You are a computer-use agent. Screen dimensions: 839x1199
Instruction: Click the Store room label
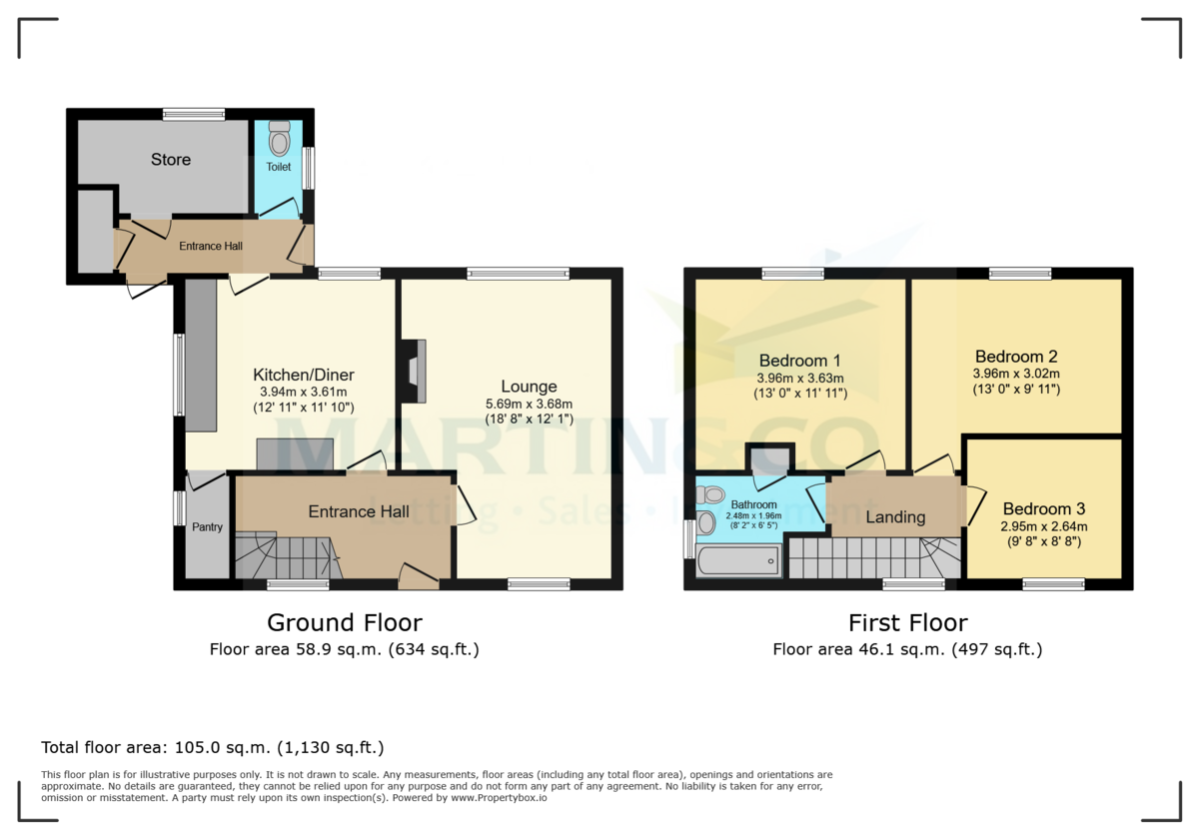click(x=171, y=160)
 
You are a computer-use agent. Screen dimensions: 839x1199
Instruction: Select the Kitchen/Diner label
click(x=303, y=376)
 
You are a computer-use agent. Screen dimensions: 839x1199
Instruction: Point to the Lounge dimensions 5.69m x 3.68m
click(x=530, y=404)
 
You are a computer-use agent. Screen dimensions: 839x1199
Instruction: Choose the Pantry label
click(x=207, y=527)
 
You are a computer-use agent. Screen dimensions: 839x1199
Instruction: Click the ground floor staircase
click(x=286, y=555)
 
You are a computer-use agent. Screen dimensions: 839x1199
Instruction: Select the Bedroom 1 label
click(x=799, y=361)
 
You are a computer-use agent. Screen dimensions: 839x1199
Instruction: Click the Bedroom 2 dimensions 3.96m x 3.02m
click(x=1016, y=374)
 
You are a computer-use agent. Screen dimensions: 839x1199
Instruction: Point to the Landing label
click(x=895, y=517)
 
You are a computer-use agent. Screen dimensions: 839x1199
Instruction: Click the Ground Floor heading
click(x=344, y=623)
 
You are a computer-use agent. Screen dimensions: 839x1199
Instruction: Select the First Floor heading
click(x=907, y=623)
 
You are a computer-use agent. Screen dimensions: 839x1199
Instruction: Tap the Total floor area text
click(x=212, y=747)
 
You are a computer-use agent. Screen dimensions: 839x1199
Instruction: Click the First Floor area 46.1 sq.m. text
click(x=907, y=650)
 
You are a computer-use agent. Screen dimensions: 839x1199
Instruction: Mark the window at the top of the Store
click(x=194, y=114)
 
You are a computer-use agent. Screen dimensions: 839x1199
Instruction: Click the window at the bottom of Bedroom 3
click(x=1053, y=584)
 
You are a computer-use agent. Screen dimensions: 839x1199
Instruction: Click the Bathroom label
click(x=753, y=505)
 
